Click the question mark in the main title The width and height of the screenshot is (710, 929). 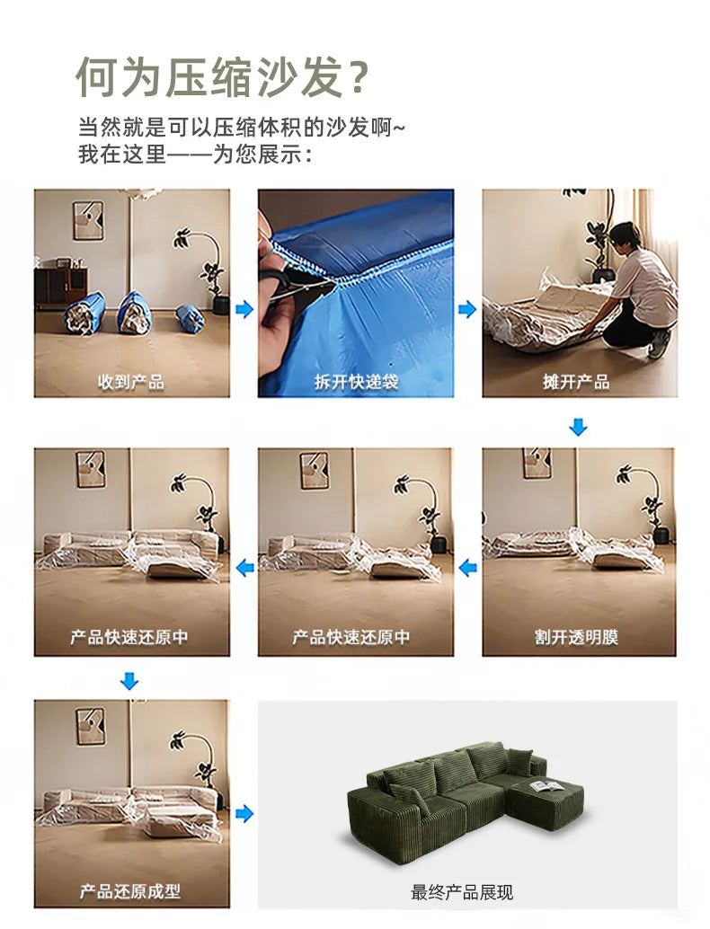357,77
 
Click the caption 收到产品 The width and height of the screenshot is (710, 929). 131,382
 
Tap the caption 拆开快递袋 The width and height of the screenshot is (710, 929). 356,382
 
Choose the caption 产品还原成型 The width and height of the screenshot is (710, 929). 131,891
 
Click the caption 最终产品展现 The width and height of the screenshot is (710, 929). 462,892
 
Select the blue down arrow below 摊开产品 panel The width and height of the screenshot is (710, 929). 578,428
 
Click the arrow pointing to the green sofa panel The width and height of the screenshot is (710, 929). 244,814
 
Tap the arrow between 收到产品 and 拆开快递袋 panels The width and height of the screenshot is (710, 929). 244,310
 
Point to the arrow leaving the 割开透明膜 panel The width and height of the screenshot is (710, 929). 467,568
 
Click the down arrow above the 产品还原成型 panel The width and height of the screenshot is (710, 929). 129,682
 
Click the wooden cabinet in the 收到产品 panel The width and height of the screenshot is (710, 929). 61,285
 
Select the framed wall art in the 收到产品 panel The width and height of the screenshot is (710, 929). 88,220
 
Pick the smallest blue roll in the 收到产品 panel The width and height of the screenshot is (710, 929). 190,318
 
